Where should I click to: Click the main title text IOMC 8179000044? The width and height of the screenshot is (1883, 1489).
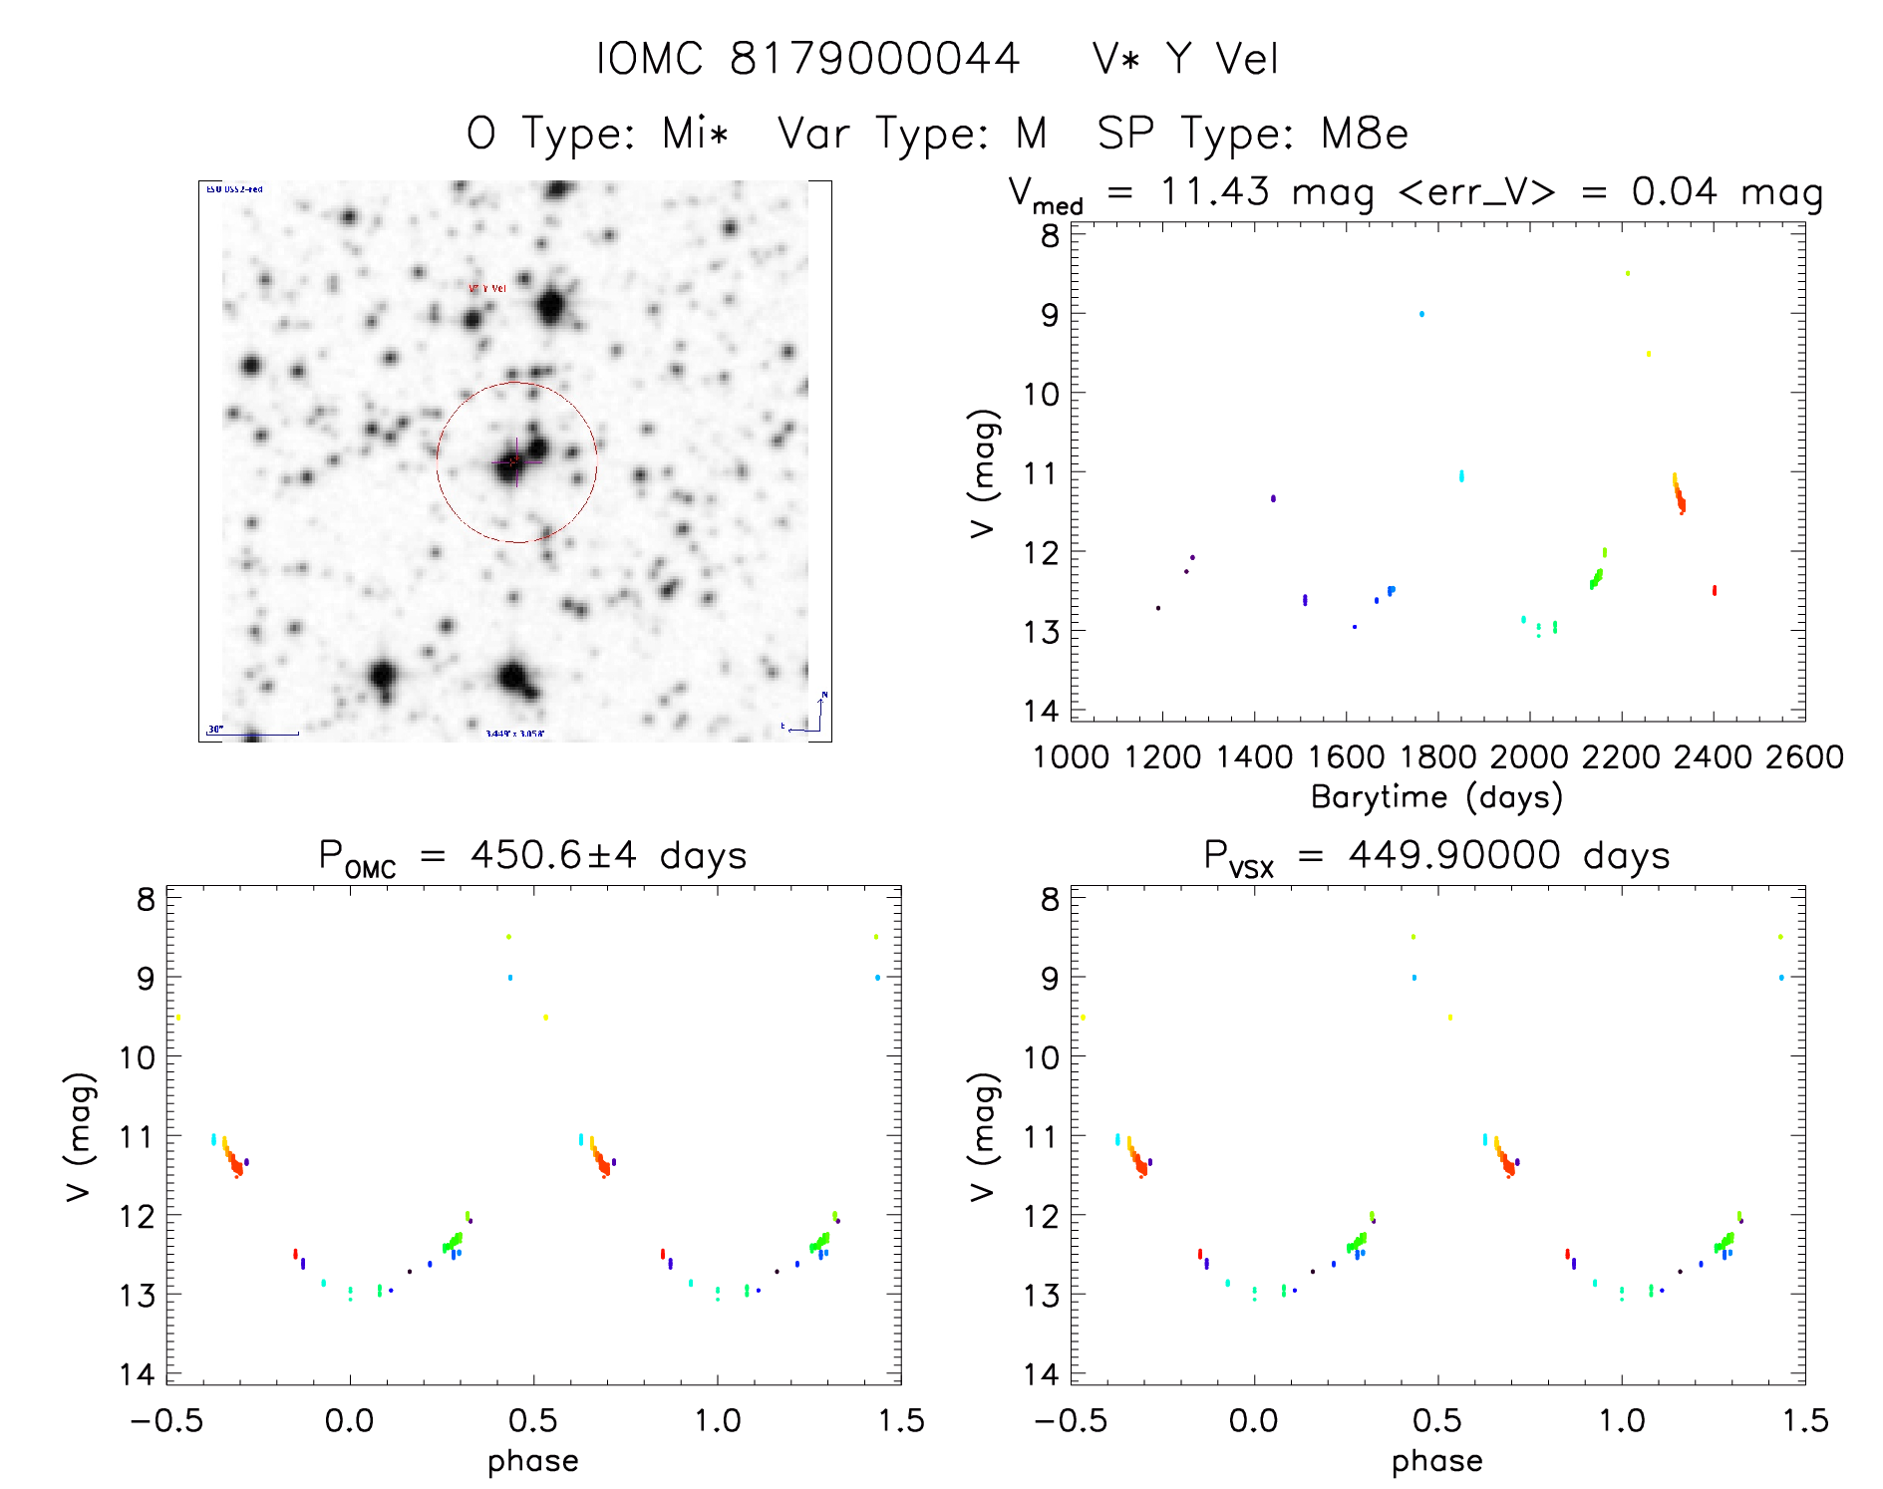tap(807, 59)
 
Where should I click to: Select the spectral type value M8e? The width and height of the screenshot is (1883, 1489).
tap(1365, 134)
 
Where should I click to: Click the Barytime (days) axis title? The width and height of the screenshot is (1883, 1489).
tap(1436, 797)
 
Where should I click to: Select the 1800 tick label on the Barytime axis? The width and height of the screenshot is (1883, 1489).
tap(1437, 757)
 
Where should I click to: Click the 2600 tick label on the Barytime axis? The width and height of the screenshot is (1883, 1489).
tap(1804, 757)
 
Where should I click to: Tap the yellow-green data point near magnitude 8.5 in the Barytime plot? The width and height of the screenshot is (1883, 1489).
tap(1628, 273)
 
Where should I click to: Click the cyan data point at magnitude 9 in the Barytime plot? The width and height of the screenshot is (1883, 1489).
tap(1421, 314)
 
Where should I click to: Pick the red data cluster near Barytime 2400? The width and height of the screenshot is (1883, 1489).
tap(1715, 591)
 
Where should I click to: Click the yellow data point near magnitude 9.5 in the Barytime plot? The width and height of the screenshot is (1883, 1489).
tap(1648, 354)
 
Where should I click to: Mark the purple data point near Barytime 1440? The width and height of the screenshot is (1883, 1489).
tap(1273, 498)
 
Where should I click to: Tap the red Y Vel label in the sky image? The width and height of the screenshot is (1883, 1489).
tap(487, 289)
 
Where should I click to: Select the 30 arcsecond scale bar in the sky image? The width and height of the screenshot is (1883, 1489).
tap(254, 733)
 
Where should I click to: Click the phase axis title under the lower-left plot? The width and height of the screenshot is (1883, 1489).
tap(532, 1461)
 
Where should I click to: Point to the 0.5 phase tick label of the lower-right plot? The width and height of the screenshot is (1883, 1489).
tap(1437, 1421)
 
